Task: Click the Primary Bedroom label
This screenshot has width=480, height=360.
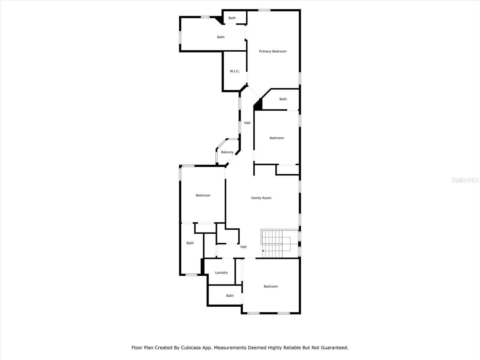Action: point(272,51)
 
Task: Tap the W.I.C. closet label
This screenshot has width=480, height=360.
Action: point(235,71)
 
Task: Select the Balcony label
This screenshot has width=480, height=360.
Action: point(227,152)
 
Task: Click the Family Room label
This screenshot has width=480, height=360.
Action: point(261,198)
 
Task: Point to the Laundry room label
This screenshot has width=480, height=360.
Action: point(221,273)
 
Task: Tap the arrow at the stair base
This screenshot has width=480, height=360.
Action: point(263,251)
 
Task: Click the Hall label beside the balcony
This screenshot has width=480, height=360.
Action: point(247,123)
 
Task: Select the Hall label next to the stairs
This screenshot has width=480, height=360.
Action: point(243,247)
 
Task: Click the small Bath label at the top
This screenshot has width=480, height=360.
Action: point(232,18)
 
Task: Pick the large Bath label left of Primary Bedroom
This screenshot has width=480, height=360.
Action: point(221,37)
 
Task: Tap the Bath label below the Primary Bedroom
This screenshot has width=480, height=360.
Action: point(283,99)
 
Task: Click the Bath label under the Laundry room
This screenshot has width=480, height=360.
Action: point(230,296)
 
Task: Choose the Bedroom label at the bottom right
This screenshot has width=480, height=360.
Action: point(271,286)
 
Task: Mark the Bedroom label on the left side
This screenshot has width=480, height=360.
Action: point(203,195)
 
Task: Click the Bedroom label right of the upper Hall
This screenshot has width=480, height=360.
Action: point(277,138)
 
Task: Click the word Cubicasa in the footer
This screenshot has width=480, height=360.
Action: point(191,348)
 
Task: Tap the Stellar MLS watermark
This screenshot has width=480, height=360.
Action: point(465,180)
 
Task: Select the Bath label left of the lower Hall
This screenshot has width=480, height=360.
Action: point(190,243)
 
